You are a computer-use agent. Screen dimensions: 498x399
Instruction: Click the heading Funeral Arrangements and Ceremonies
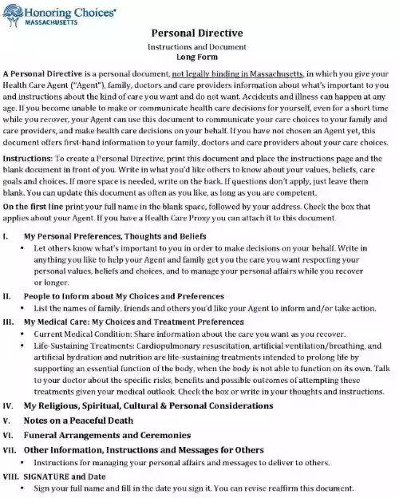(108, 435)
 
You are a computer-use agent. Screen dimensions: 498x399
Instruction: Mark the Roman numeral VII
(10, 450)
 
